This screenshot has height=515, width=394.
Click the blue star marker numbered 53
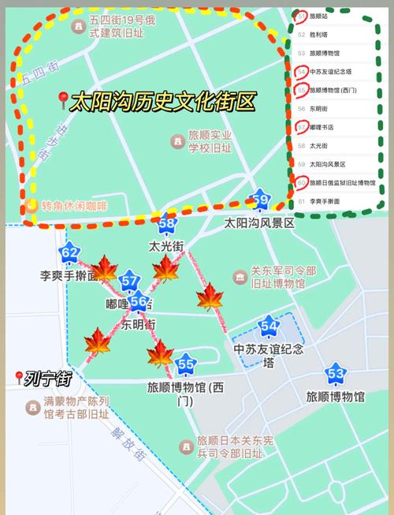tap(336, 373)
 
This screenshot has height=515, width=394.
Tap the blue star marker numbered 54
tap(269, 325)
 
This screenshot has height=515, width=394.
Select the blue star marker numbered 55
tap(186, 364)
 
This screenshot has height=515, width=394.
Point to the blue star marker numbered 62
tap(69, 253)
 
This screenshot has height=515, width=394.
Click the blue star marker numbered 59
tap(260, 200)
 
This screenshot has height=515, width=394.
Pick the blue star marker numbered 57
tap(130, 282)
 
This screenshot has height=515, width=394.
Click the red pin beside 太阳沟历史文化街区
tap(62, 100)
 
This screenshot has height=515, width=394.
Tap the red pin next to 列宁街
tap(19, 379)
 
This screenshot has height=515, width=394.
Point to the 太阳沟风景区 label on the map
tap(259, 223)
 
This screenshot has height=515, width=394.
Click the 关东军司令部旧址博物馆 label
tap(283, 278)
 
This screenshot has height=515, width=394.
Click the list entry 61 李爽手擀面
tap(324, 201)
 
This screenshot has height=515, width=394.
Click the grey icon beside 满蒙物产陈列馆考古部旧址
tap(32, 407)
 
